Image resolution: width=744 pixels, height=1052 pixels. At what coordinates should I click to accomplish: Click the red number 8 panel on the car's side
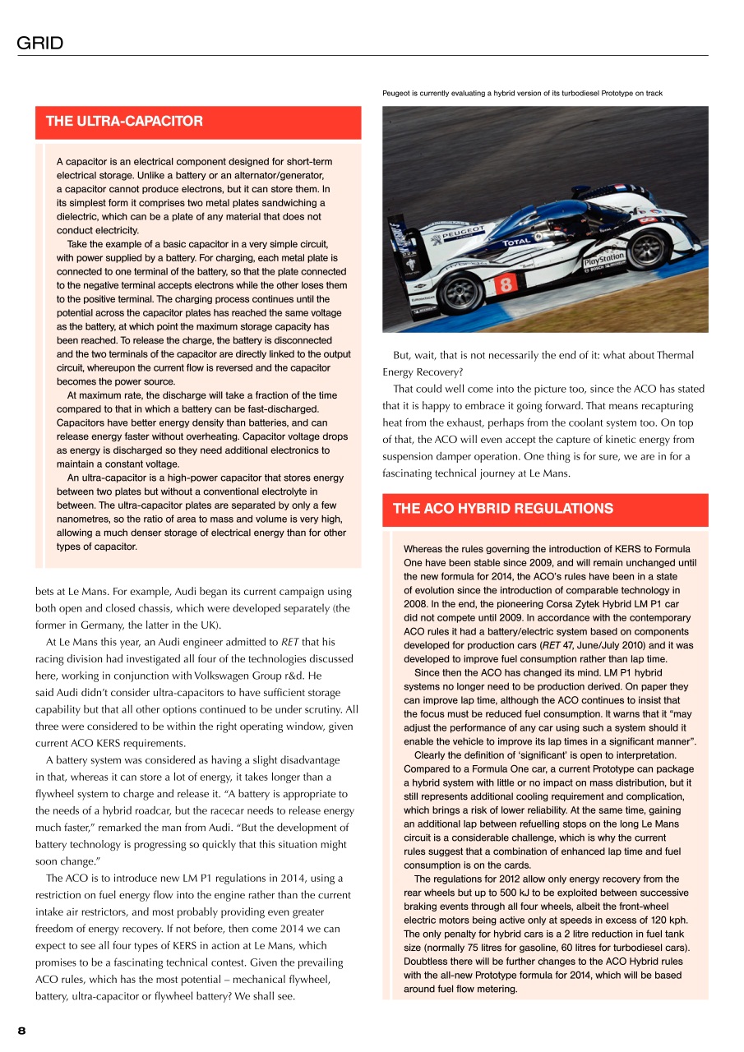click(x=506, y=284)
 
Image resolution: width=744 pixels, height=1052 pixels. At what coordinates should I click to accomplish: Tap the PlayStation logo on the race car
click(x=604, y=262)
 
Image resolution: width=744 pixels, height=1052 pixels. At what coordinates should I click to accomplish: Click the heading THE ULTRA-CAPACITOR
click(x=124, y=122)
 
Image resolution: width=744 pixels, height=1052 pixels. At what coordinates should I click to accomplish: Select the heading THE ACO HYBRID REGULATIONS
click(x=502, y=509)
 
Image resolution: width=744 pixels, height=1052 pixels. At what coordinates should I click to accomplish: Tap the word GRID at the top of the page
click(x=39, y=44)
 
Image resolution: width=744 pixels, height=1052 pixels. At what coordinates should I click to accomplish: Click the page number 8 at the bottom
click(x=22, y=1031)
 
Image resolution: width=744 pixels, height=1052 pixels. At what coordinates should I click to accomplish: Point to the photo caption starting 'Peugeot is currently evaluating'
click(x=522, y=93)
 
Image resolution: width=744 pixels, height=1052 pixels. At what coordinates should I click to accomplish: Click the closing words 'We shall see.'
click(x=268, y=996)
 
